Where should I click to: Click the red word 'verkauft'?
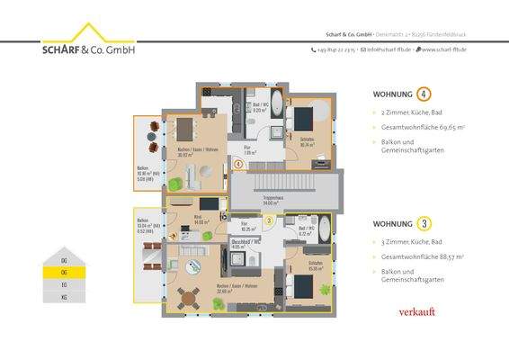click(416, 311)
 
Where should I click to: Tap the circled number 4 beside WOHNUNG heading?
click(424, 94)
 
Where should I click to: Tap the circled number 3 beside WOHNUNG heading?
click(424, 223)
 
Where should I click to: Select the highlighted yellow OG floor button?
click(63, 271)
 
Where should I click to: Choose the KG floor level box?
click(63, 296)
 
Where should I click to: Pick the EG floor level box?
click(63, 283)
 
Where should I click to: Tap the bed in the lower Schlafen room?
click(303, 289)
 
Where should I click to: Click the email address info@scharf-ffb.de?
click(386, 49)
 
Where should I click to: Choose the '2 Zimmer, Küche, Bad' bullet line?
click(409, 113)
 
